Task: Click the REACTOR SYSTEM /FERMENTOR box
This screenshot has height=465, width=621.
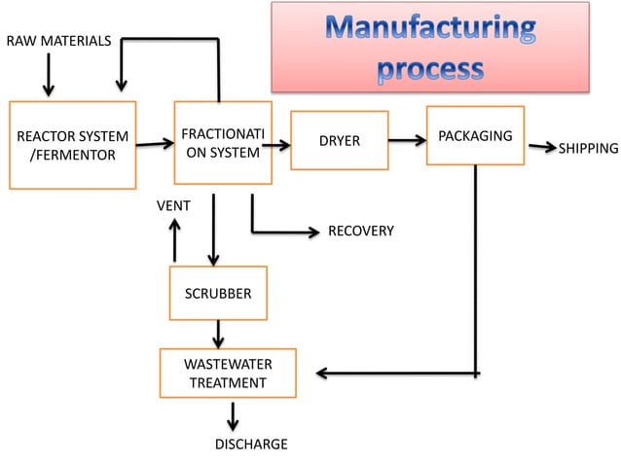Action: click(x=73, y=144)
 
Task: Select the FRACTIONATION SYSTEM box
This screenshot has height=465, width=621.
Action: click(x=223, y=142)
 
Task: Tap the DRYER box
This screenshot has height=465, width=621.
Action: click(x=340, y=141)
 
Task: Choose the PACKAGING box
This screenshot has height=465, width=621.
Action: click(x=475, y=135)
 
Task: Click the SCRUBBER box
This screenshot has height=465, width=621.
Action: click(x=218, y=293)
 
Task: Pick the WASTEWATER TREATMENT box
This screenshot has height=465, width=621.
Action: click(x=228, y=374)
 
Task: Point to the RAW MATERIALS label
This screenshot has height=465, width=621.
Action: click(x=58, y=41)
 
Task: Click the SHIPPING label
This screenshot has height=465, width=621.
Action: click(x=588, y=149)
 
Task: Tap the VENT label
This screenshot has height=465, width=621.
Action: click(x=173, y=206)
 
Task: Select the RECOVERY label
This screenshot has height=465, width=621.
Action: click(x=360, y=232)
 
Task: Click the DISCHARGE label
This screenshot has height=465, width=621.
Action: click(x=250, y=445)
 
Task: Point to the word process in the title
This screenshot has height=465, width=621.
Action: click(x=429, y=68)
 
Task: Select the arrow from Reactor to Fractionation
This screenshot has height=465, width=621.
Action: click(x=154, y=145)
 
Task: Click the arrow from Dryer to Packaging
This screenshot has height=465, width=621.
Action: click(x=407, y=140)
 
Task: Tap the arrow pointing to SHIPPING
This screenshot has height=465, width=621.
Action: click(x=541, y=147)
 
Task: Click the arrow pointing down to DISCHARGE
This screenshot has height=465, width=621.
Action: click(x=232, y=416)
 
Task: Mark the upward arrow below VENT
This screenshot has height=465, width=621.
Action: click(x=174, y=239)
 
